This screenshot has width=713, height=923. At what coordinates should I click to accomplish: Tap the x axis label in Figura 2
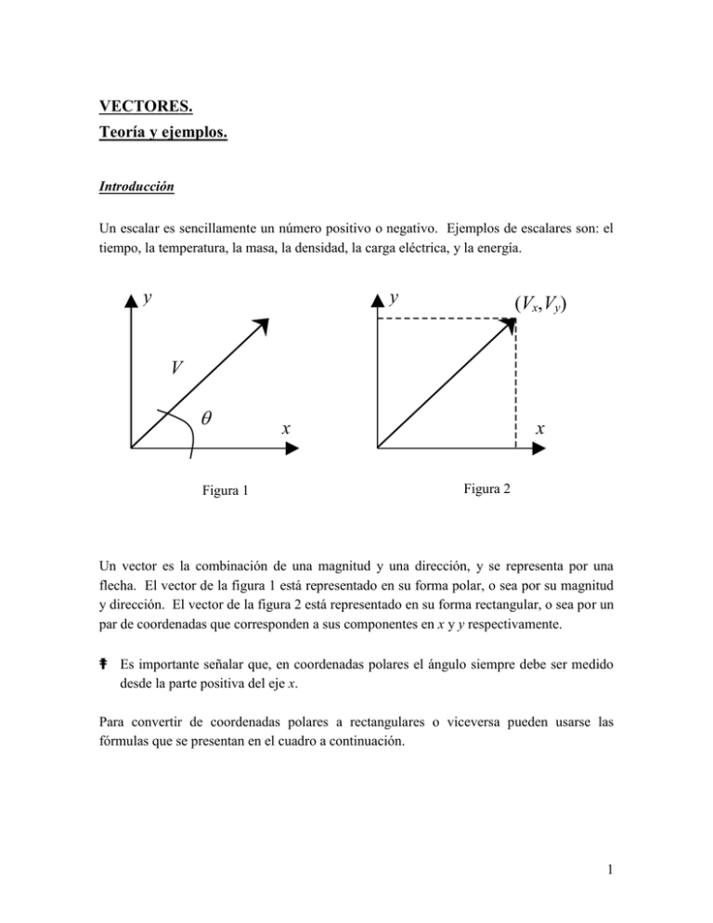pyautogui.click(x=539, y=429)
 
